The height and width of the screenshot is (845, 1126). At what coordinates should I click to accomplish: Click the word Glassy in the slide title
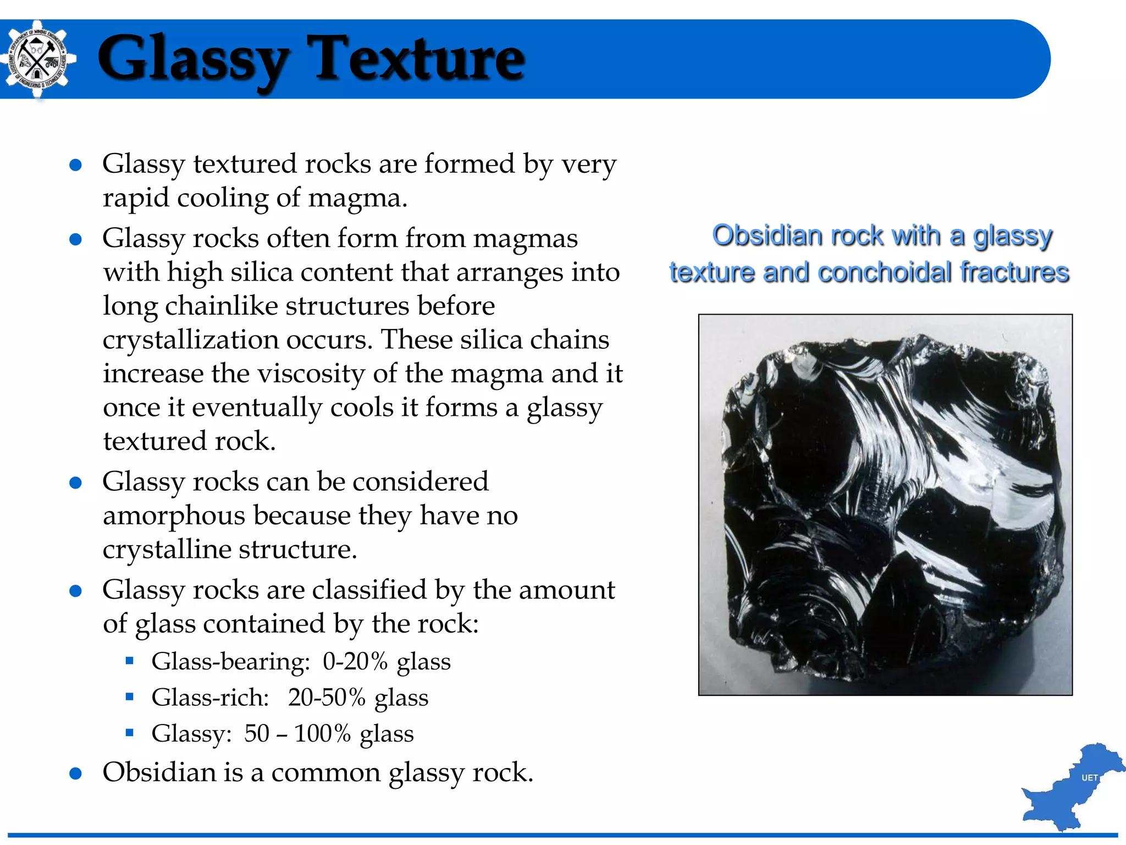tap(192, 59)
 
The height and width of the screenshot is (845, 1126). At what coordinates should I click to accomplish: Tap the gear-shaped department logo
tap(37, 59)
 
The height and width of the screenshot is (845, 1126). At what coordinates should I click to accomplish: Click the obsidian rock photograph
tap(885, 504)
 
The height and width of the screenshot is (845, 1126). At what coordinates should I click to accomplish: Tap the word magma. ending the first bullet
tap(358, 198)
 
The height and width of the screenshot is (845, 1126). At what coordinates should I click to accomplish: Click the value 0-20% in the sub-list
tap(355, 661)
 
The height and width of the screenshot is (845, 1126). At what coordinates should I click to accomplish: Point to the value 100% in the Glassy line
tap(322, 733)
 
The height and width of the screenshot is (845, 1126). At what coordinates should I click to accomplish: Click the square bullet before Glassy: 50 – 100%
tap(130, 733)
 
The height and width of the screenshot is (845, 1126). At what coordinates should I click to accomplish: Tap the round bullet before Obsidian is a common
tap(76, 773)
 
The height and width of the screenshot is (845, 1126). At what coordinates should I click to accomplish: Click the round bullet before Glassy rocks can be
tap(76, 483)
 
